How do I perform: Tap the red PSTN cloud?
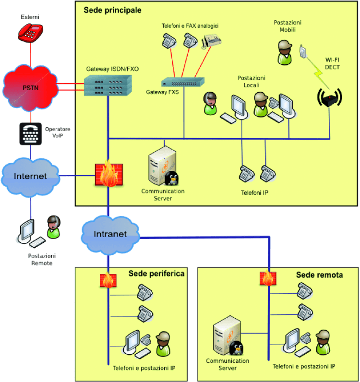[x=30, y=88]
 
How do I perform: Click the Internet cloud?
[x=31, y=176]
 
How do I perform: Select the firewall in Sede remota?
[x=267, y=279]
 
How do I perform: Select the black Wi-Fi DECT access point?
[x=329, y=98]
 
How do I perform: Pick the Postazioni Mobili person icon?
[x=284, y=52]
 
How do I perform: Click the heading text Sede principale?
[x=112, y=10]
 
